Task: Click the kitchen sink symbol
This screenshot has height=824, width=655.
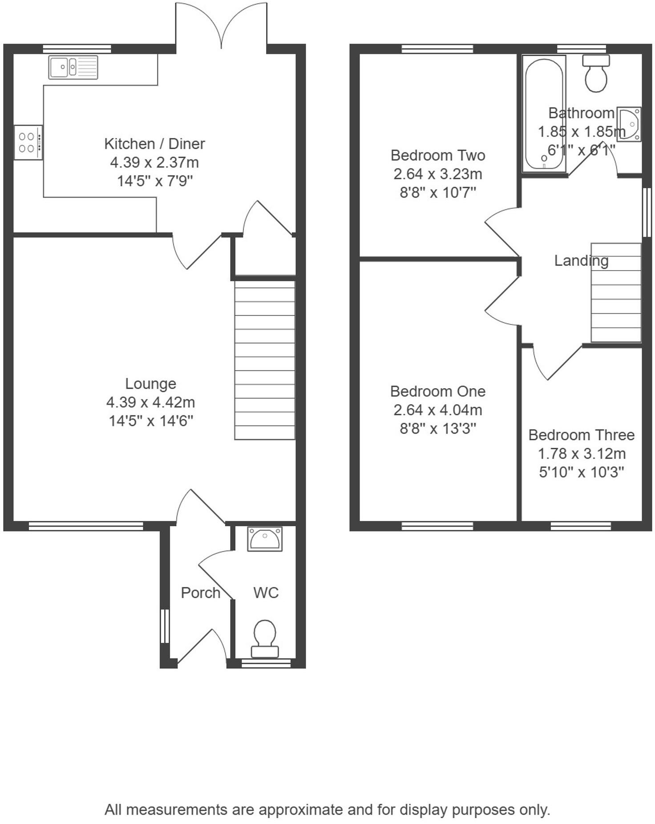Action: click(x=73, y=68)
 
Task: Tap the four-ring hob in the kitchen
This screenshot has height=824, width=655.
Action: click(x=28, y=142)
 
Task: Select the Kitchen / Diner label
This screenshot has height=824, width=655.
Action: click(x=154, y=144)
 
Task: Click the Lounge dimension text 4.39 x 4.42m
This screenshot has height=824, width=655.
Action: click(x=150, y=402)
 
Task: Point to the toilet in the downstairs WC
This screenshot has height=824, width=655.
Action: click(x=265, y=639)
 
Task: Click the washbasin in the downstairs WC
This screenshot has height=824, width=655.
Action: click(x=265, y=539)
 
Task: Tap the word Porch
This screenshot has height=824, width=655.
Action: click(x=201, y=593)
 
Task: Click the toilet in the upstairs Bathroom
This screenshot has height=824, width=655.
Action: click(x=596, y=73)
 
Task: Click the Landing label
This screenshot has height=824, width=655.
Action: click(x=581, y=260)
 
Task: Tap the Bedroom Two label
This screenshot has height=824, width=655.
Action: click(x=438, y=155)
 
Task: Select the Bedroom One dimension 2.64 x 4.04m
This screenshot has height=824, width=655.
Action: click(x=438, y=410)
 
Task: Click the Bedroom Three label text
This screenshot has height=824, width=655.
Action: click(x=581, y=435)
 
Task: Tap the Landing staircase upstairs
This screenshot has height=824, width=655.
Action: click(x=616, y=292)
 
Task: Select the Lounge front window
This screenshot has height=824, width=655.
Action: click(x=86, y=526)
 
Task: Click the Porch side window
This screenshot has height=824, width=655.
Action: click(x=165, y=626)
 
